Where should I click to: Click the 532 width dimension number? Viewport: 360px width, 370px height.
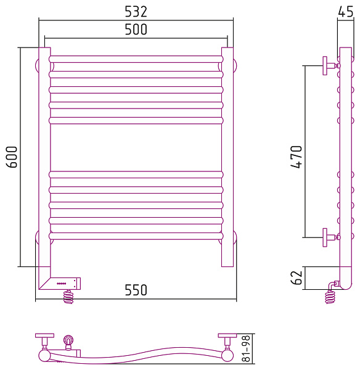click(136, 12)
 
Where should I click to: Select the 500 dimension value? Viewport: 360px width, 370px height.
click(136, 30)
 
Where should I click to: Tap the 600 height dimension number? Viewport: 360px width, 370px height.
click(12, 157)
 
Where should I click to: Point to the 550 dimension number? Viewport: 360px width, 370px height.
click(136, 290)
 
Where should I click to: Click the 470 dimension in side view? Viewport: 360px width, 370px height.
click(297, 157)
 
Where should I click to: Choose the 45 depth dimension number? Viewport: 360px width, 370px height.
click(346, 12)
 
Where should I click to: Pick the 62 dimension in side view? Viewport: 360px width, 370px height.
click(297, 277)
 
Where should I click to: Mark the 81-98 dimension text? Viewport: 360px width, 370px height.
click(246, 348)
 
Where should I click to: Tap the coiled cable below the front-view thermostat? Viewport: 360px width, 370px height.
click(68, 297)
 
